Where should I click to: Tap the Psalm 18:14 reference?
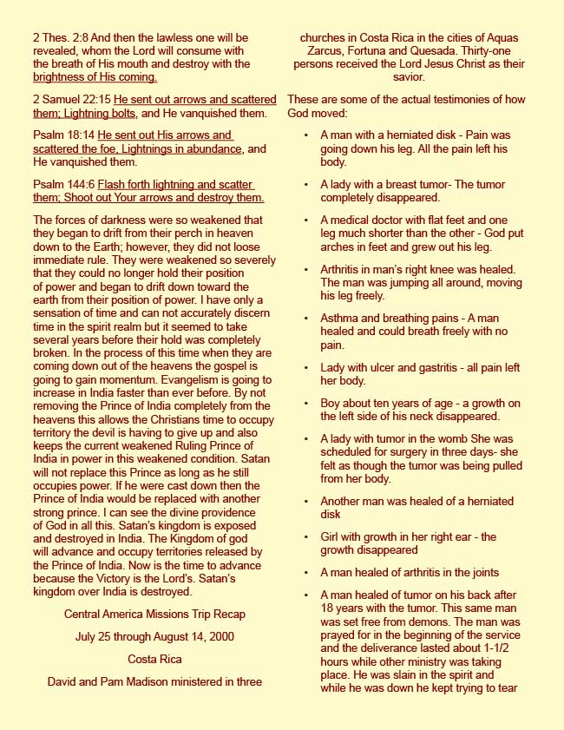tap(63, 135)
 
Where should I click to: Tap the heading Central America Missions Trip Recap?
tap(154, 614)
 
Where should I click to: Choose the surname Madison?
tap(140, 681)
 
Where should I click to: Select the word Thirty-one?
tap(485, 51)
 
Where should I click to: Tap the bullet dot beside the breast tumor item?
tap(305, 185)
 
